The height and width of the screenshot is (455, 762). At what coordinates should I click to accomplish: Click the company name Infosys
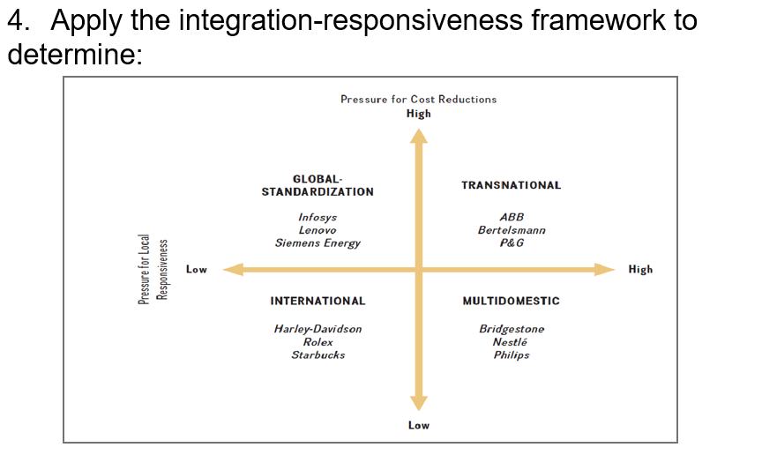317,217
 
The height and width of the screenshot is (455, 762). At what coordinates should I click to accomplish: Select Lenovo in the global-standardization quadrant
317,230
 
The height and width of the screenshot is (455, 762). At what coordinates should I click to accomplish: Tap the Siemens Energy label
317,243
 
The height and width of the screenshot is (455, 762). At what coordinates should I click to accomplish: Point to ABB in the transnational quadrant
512,217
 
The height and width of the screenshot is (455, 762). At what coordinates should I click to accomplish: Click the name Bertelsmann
512,230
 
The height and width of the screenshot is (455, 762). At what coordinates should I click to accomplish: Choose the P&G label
512,243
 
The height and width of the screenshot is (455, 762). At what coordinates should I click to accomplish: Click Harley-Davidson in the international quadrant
317,329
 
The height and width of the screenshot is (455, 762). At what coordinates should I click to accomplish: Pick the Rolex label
317,342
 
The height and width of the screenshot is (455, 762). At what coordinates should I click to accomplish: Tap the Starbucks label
317,355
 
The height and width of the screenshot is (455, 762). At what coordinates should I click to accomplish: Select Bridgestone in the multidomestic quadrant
512,329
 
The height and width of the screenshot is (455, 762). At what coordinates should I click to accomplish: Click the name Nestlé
512,342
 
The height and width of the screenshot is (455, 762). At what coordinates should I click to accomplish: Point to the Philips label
512,355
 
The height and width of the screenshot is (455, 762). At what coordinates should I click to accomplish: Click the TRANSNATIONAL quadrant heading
511,185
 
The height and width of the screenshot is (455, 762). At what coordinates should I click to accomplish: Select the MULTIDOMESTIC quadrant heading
511,302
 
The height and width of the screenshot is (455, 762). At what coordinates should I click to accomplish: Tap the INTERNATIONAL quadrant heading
317,302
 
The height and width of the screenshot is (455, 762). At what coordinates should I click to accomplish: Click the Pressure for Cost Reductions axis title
418,100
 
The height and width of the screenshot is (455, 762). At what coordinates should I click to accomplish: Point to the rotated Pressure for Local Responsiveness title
153,270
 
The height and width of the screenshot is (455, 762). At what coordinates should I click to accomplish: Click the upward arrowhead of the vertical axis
418,135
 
